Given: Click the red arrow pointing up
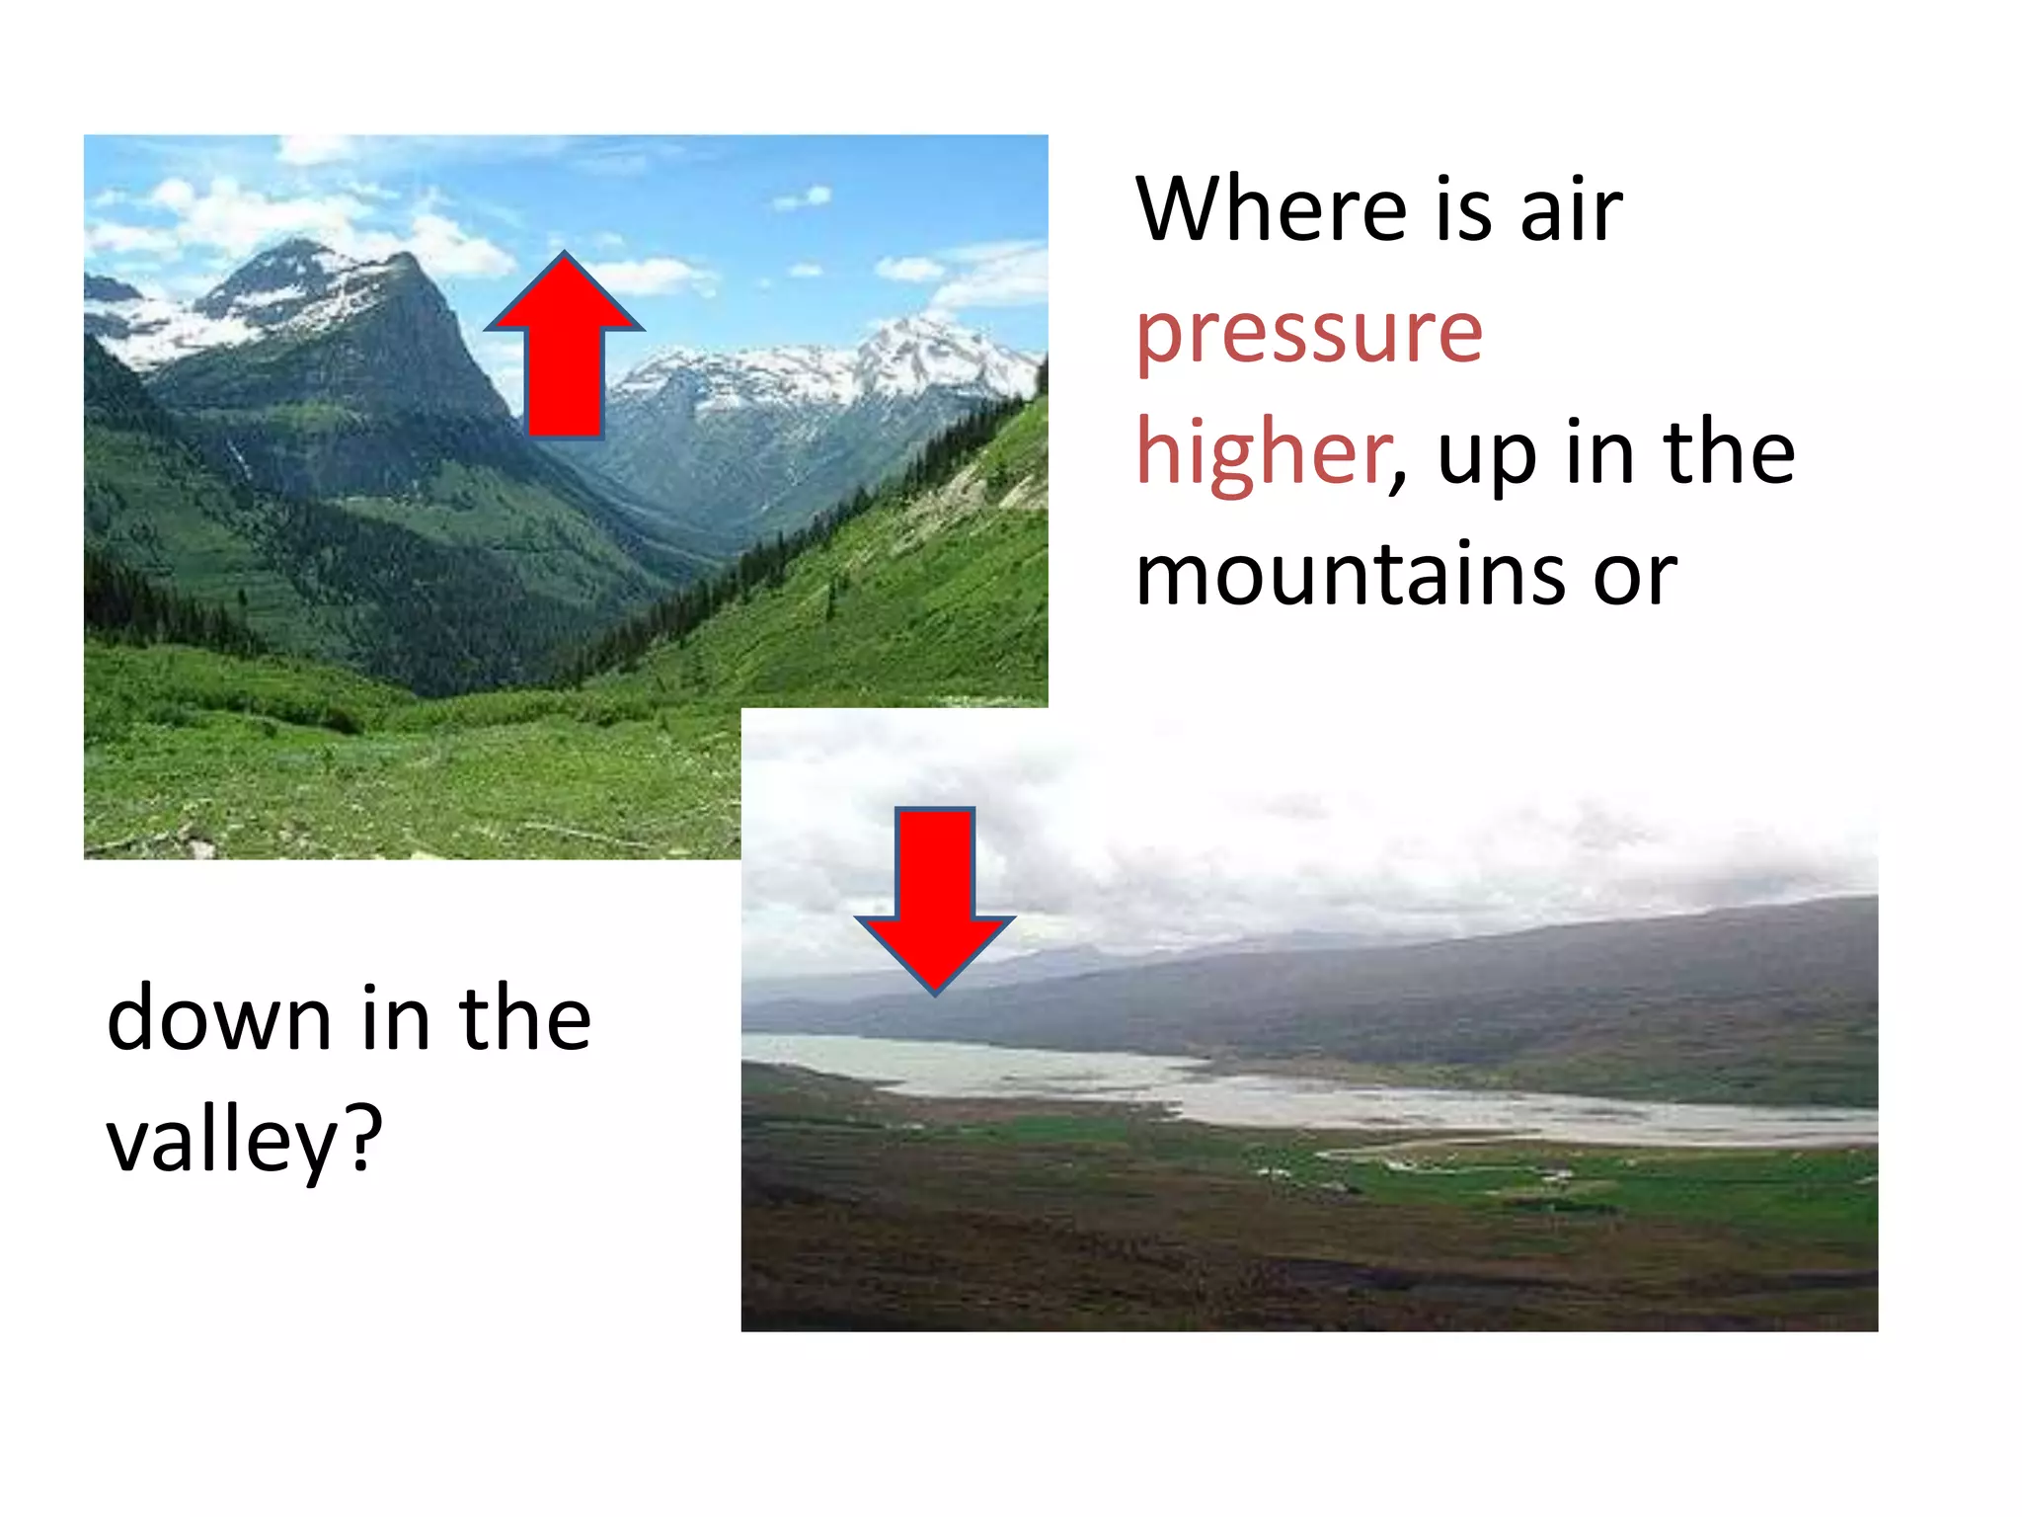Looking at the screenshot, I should (565, 356).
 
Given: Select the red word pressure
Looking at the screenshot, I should (1309, 334).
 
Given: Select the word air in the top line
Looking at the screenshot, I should (1572, 210).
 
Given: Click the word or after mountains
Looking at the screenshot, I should (1635, 576).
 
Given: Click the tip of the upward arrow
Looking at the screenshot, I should (565, 256).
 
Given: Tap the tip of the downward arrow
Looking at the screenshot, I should (935, 991).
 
